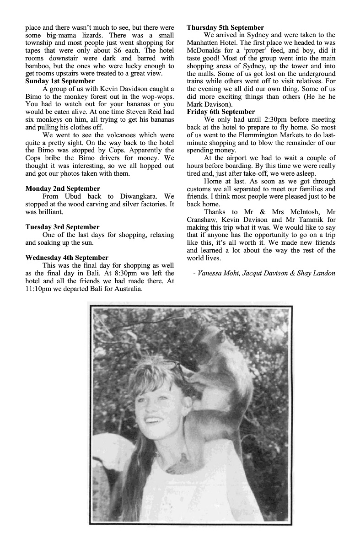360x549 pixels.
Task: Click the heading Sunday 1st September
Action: [60, 81]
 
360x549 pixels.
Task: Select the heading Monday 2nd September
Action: [63, 188]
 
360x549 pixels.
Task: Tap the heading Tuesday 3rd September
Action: [62, 227]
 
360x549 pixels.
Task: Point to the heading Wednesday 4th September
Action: [67, 258]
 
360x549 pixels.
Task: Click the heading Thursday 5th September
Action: [225, 27]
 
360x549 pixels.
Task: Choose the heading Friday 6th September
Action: [221, 112]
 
